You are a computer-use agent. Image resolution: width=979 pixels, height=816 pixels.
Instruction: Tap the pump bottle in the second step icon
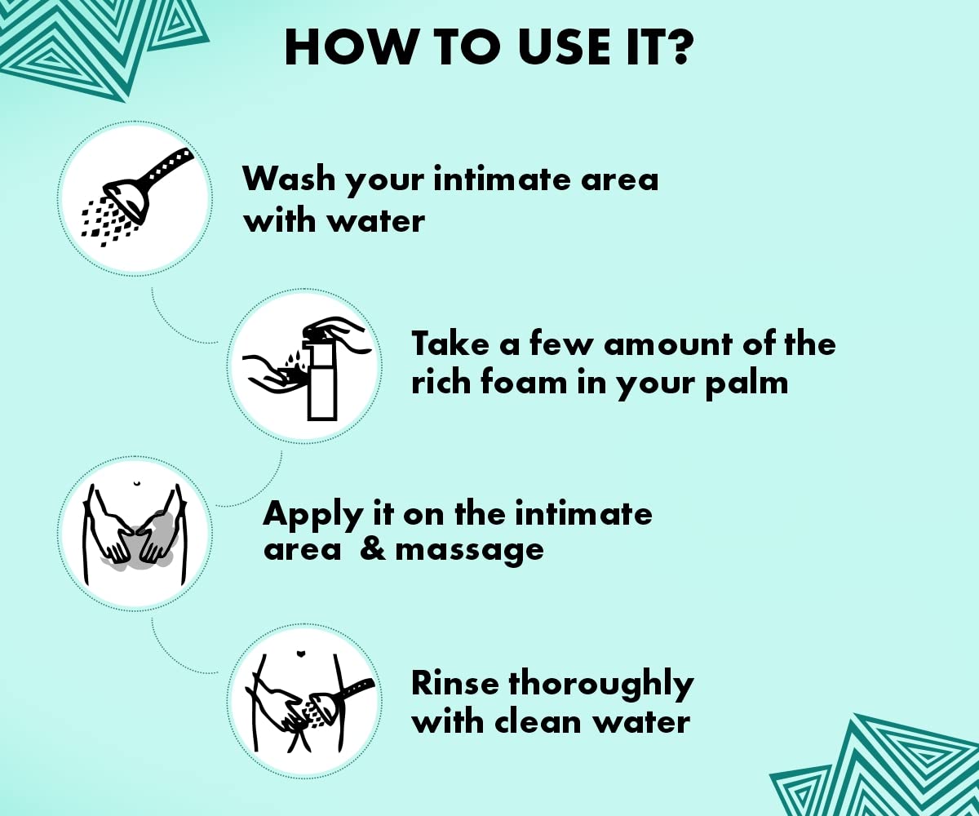pos(321,375)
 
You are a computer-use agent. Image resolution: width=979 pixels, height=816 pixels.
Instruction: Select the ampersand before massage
pos(373,550)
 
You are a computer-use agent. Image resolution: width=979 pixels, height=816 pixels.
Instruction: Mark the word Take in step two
pos(450,343)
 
